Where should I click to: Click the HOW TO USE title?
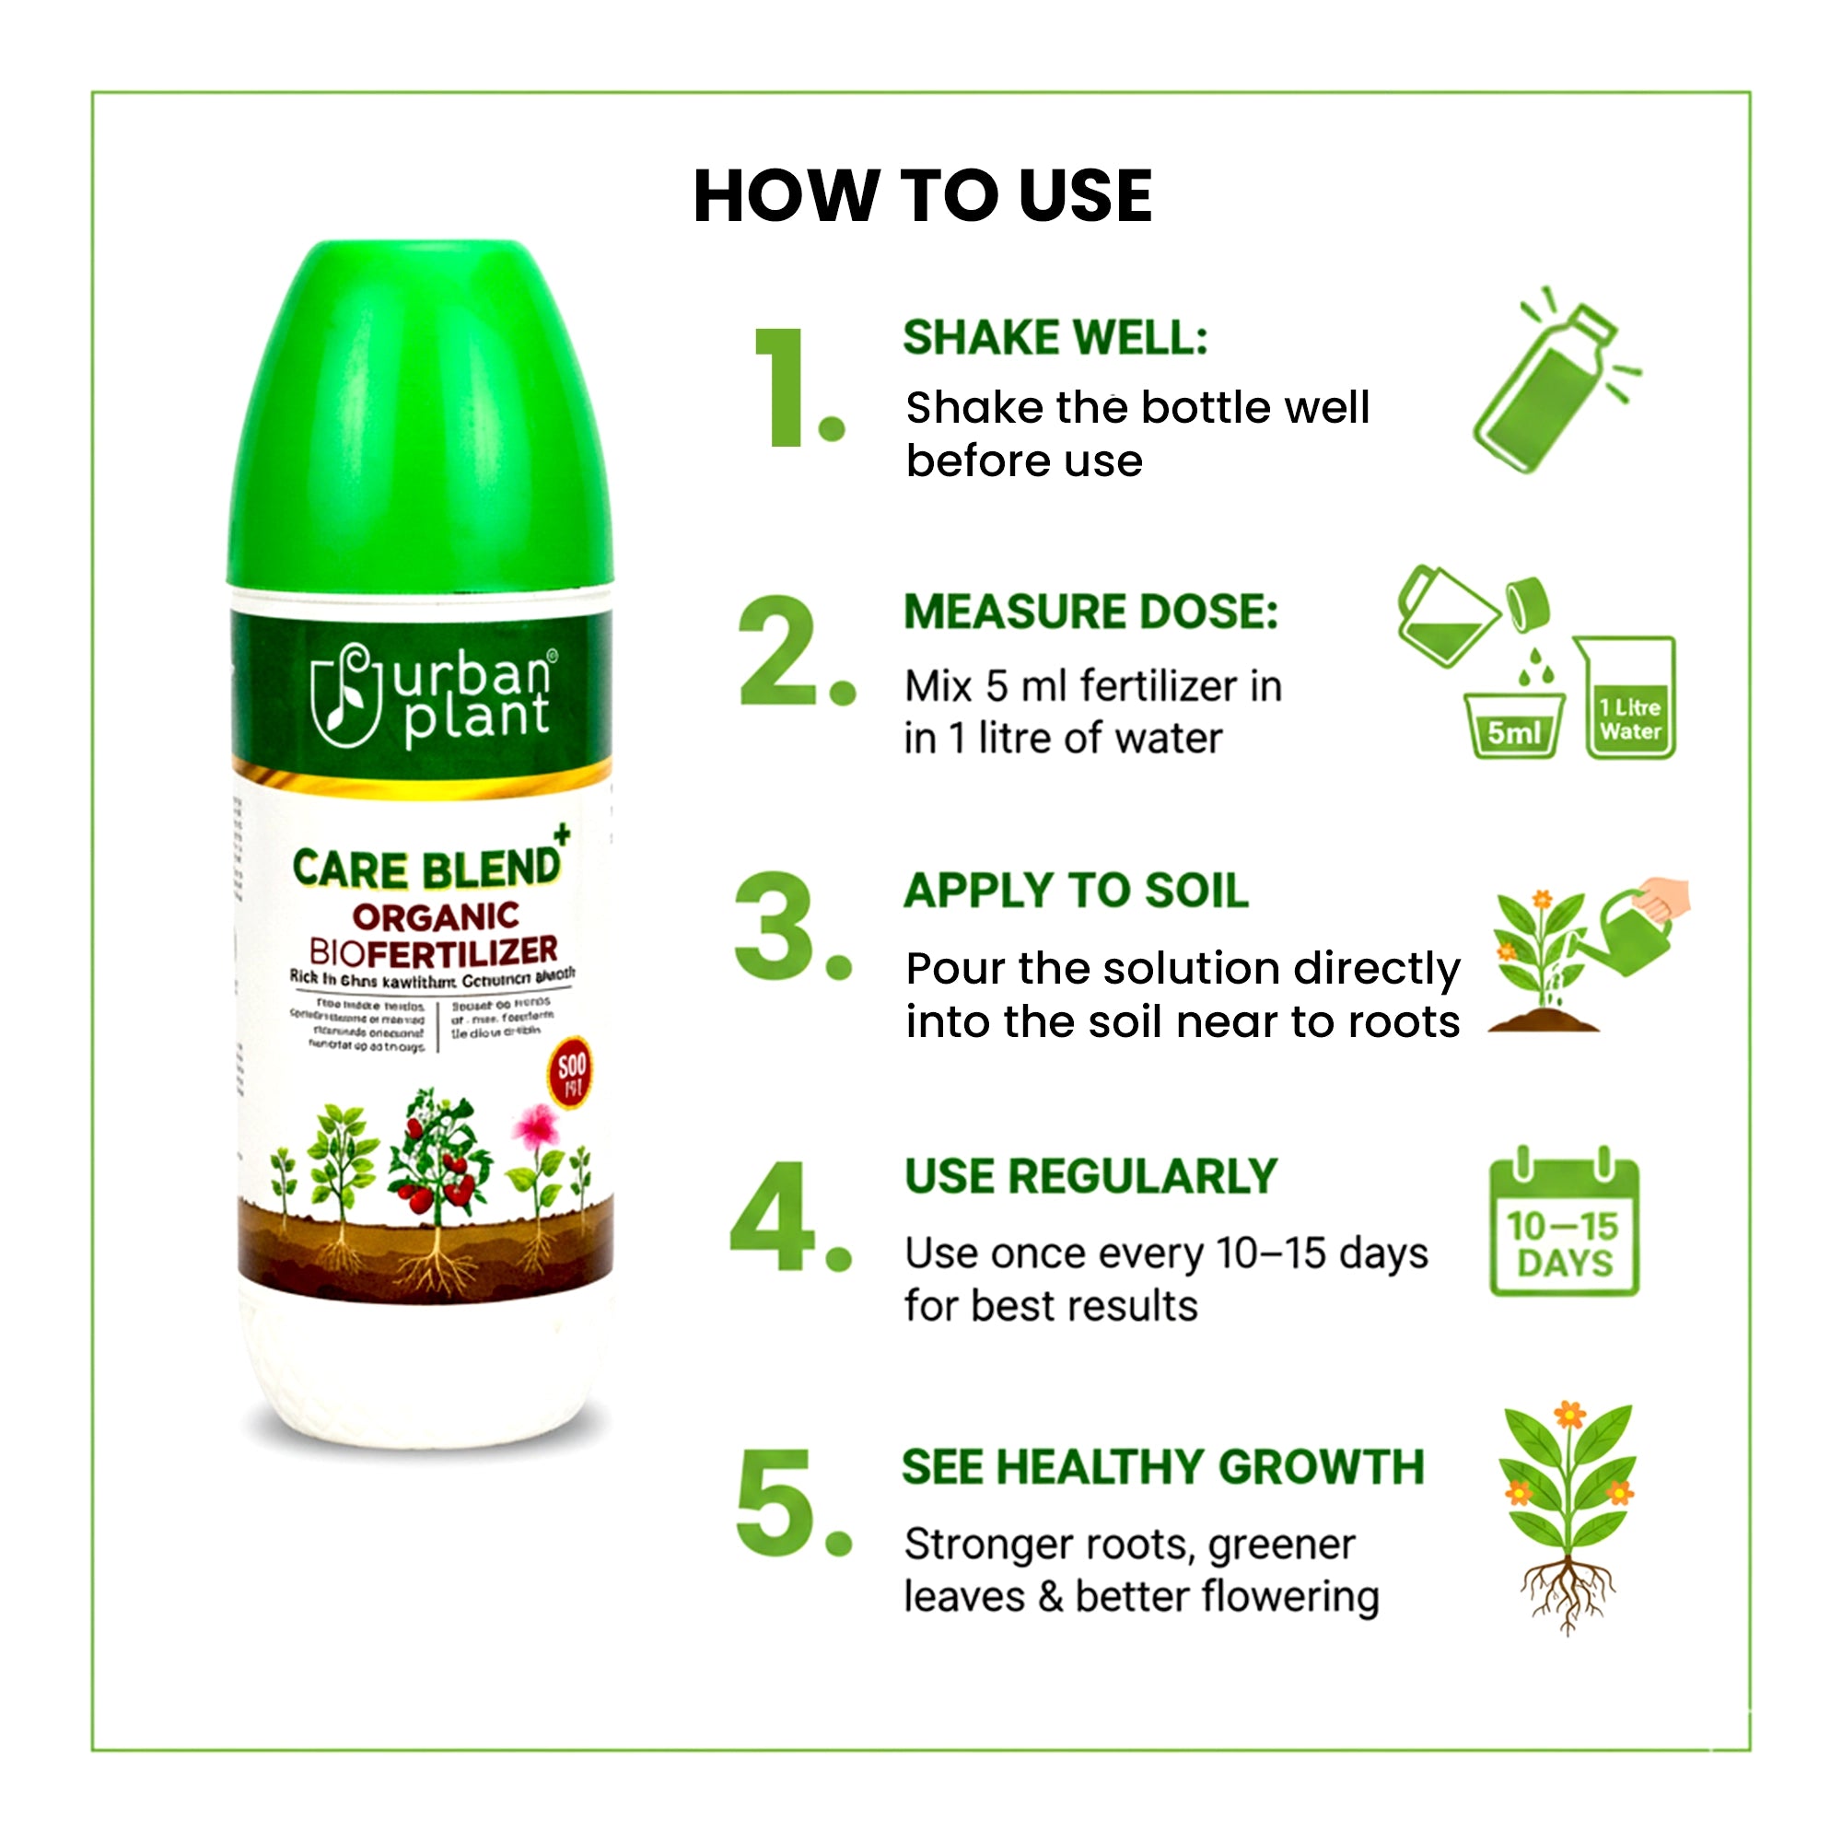(922, 196)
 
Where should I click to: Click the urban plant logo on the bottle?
(431, 694)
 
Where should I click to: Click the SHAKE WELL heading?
(1055, 337)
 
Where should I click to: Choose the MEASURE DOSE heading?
(1090, 612)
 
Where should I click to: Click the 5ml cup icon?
(1513, 726)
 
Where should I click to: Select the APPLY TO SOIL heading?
(1076, 891)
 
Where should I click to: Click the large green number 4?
(773, 1218)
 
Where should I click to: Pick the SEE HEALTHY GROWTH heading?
(1162, 1466)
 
